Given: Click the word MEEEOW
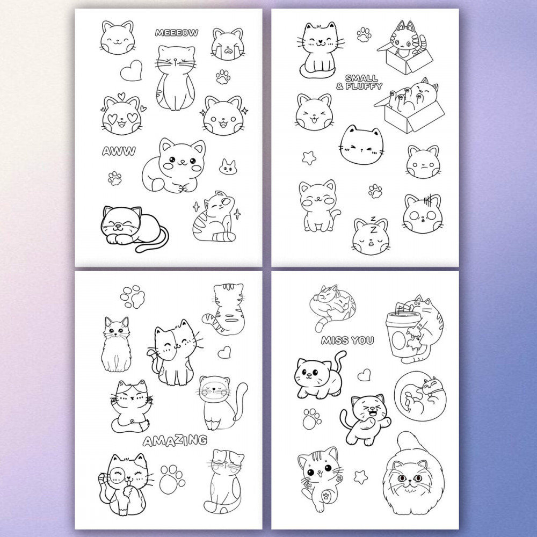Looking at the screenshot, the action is [176, 33].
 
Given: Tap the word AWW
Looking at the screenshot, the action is [119, 151].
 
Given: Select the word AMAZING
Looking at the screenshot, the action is [175, 441].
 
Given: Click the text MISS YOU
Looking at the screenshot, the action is [347, 340].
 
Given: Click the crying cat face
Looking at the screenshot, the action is [227, 45].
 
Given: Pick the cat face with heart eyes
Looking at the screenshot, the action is [122, 115].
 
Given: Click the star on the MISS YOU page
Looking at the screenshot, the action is [360, 477].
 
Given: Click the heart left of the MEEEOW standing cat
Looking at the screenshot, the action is [131, 70].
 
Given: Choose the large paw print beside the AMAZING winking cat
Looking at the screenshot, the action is [172, 479].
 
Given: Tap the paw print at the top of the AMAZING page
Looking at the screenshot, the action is [132, 296].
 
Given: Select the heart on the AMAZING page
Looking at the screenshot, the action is [224, 352].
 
